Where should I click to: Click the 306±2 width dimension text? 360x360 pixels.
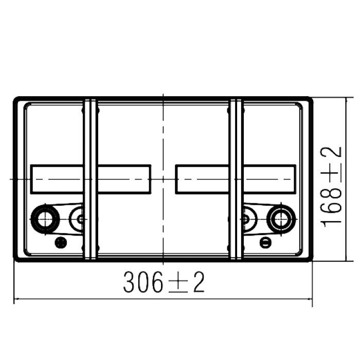click(x=164, y=282)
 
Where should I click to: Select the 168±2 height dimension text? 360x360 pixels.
click(x=331, y=187)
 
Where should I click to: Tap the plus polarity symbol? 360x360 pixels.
click(x=61, y=243)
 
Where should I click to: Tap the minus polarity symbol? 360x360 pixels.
click(x=265, y=242)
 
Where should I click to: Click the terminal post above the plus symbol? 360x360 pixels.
click(x=45, y=219)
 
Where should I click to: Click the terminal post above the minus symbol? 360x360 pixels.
click(x=281, y=219)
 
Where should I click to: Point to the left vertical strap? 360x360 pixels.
click(x=91, y=179)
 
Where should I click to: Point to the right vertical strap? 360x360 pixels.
click(x=236, y=179)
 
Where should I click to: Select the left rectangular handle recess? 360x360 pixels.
click(x=91, y=179)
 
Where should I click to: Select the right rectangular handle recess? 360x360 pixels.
click(x=236, y=179)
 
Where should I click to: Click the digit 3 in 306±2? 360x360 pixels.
click(x=129, y=282)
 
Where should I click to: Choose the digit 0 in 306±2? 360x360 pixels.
click(x=143, y=282)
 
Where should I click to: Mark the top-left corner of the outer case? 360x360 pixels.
click(x=14, y=97)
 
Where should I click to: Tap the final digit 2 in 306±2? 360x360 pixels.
click(x=199, y=282)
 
